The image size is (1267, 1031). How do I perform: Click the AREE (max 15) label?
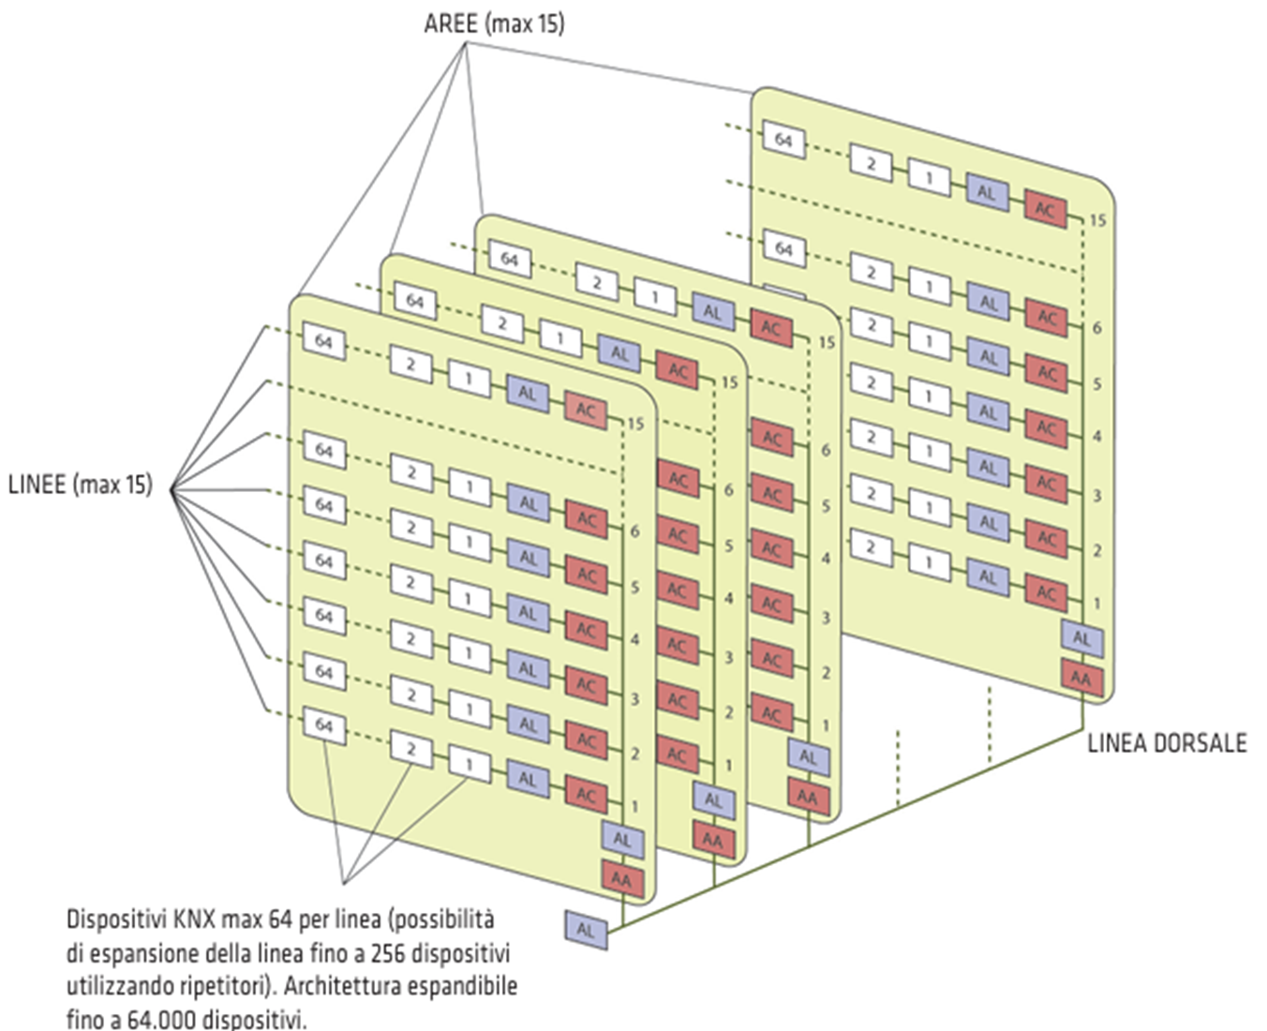(494, 22)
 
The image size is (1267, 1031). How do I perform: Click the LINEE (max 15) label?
(80, 485)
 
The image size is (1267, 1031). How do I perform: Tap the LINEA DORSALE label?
(1167, 743)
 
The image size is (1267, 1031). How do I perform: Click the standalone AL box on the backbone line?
(586, 930)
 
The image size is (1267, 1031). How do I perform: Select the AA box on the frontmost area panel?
(621, 879)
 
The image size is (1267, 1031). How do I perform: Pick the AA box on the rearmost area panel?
(1081, 677)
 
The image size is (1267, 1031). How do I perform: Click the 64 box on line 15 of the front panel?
(323, 341)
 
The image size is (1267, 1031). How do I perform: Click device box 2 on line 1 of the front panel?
(410, 749)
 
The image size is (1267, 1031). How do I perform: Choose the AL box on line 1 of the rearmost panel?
(988, 577)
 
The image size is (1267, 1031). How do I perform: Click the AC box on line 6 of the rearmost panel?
(1047, 318)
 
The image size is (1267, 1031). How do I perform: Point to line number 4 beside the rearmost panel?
(1096, 437)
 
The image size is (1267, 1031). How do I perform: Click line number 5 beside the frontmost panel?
(634, 588)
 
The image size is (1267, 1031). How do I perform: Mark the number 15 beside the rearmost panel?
(1097, 220)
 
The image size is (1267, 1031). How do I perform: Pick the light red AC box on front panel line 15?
(586, 410)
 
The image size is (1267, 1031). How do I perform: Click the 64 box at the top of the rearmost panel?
(783, 141)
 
